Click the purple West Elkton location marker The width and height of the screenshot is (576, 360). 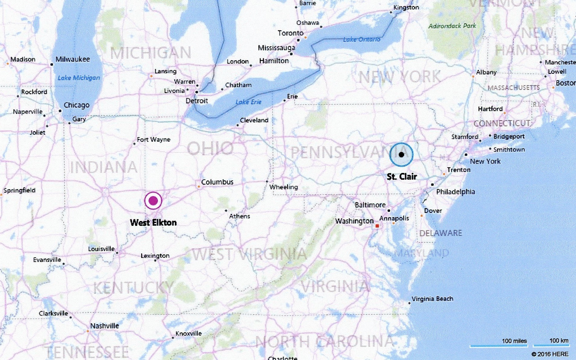tap(153, 201)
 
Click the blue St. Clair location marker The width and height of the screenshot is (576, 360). tap(401, 155)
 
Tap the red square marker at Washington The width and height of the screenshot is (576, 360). tap(377, 226)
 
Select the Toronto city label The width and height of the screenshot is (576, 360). tap(290, 33)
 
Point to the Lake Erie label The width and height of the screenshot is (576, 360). tap(248, 102)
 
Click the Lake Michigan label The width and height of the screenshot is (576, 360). tap(79, 78)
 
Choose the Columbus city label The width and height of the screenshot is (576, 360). tap(217, 182)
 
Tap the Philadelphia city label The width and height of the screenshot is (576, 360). tap(455, 192)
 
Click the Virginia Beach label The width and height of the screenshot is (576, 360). tap(432, 299)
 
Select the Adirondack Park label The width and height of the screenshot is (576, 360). tap(452, 26)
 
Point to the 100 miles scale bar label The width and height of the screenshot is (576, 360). tap(514, 341)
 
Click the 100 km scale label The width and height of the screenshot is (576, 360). tap(559, 340)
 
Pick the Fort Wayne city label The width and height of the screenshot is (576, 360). tap(154, 140)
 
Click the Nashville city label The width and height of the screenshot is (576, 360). tap(104, 326)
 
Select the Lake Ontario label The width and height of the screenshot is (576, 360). tap(361, 39)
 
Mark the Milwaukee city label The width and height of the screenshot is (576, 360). tap(73, 59)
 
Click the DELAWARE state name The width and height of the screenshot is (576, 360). tap(440, 233)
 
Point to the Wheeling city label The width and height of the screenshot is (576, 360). tap(283, 187)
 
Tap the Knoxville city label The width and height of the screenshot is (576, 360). tap(188, 334)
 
